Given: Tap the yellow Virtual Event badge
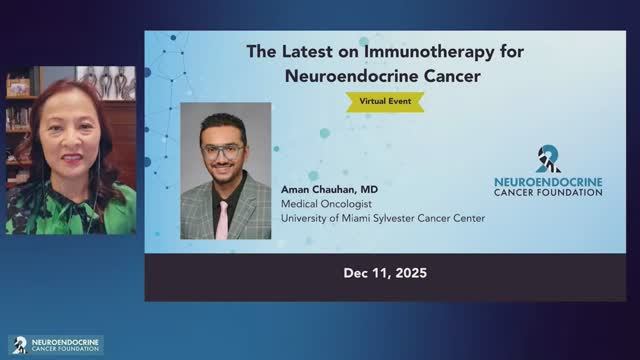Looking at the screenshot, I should (385, 100).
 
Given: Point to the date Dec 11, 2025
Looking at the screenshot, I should (385, 273).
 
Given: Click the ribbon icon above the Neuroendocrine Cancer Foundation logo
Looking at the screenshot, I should (548, 158).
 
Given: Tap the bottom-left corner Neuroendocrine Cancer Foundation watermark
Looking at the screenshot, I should (56, 344).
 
